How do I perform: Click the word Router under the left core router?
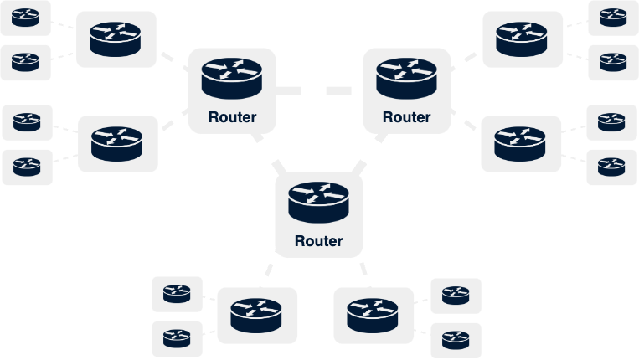[x=233, y=117]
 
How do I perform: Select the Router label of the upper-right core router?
[x=406, y=117]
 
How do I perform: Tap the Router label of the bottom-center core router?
[x=318, y=241]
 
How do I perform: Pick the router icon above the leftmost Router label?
[x=233, y=76]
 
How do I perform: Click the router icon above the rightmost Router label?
[x=406, y=76]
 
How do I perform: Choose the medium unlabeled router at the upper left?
[x=116, y=39]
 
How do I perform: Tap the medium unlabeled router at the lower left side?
[x=117, y=143]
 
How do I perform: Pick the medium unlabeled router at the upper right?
[x=522, y=39]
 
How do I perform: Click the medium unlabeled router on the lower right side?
[x=521, y=143]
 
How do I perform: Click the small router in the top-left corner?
[x=25, y=17]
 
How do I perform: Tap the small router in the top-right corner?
[x=613, y=17]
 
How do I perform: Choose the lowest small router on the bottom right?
[x=456, y=340]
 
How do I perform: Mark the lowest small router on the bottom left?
[x=177, y=339]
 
